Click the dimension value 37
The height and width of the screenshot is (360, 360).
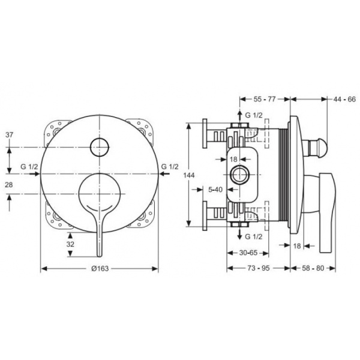(8, 134)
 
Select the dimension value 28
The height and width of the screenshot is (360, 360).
(8, 186)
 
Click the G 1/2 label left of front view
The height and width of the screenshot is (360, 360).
(29, 166)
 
